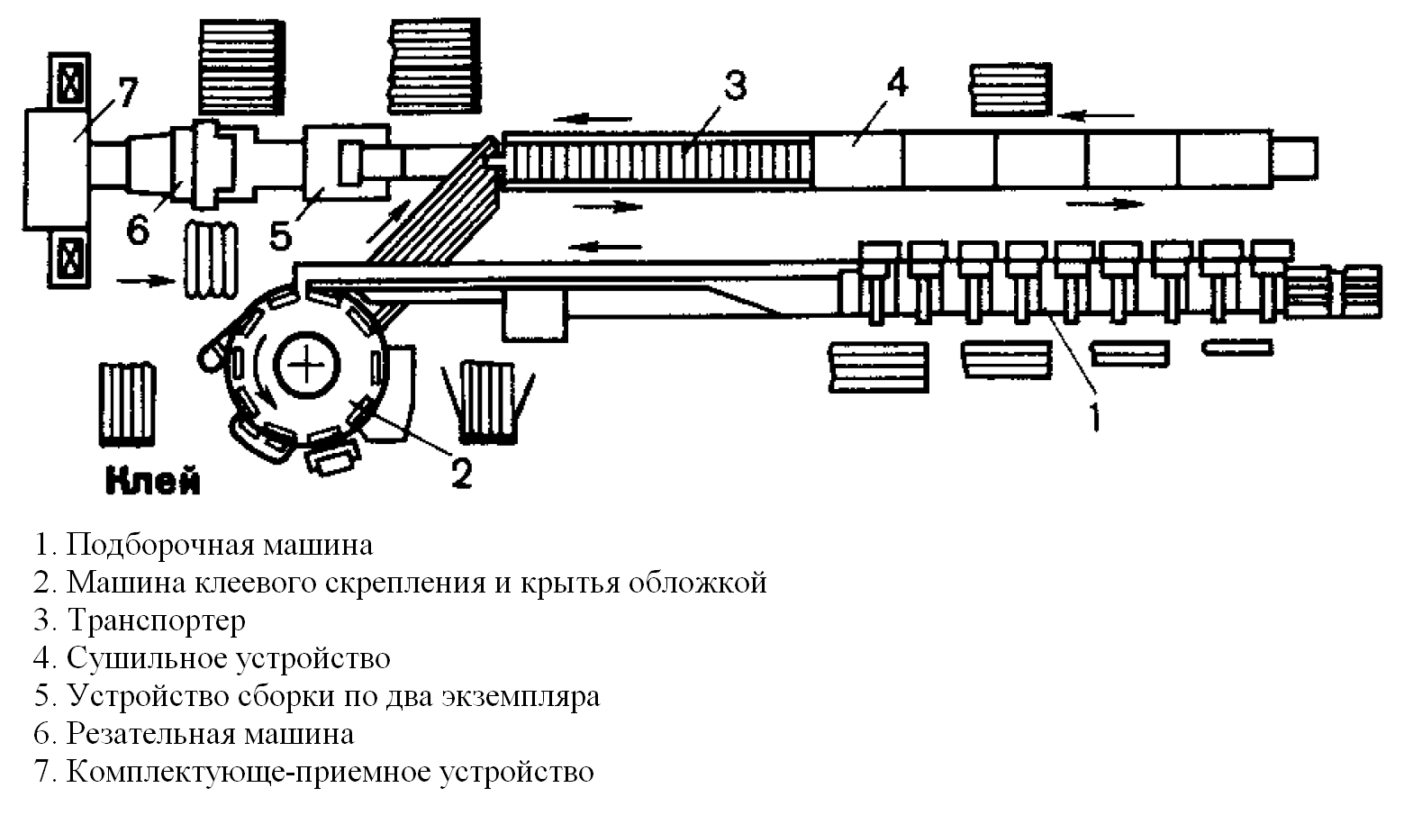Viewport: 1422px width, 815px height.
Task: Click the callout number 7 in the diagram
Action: pyautogui.click(x=127, y=93)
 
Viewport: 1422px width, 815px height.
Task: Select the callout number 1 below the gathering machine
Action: pyautogui.click(x=1094, y=416)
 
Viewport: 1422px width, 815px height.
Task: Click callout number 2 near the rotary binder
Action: pyautogui.click(x=462, y=472)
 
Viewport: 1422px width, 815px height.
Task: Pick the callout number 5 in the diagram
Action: pyautogui.click(x=280, y=235)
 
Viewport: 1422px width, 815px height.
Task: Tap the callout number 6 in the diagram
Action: pyautogui.click(x=138, y=229)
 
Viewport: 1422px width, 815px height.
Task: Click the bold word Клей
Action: pyautogui.click(x=152, y=480)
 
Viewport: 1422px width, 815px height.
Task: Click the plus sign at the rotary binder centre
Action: pyautogui.click(x=306, y=366)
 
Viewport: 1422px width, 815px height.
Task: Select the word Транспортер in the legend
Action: pyautogui.click(x=156, y=621)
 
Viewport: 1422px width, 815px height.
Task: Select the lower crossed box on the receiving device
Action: pyautogui.click(x=69, y=258)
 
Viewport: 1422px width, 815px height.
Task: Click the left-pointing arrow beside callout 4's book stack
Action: pyautogui.click(x=1096, y=116)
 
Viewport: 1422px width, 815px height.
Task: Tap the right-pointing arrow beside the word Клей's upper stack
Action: pyautogui.click(x=147, y=281)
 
